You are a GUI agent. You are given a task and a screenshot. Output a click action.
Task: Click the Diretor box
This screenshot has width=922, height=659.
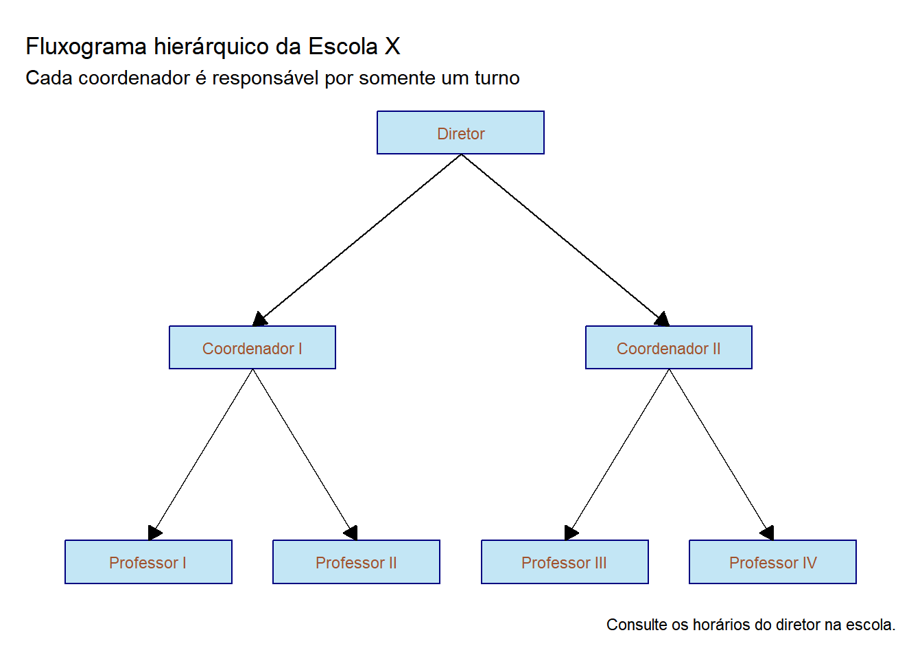(x=460, y=132)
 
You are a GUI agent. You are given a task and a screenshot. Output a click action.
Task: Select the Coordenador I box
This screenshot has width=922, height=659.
(x=252, y=347)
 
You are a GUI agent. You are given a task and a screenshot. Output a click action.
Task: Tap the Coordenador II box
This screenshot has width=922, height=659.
(x=669, y=347)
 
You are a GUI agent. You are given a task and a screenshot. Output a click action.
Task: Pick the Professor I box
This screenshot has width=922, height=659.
(x=148, y=562)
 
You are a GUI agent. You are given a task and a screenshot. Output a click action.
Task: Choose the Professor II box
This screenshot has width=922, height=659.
(x=356, y=562)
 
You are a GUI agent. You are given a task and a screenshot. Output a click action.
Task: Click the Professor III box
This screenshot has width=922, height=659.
(x=565, y=562)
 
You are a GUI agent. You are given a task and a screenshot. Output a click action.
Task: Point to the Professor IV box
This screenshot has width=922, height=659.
(x=772, y=562)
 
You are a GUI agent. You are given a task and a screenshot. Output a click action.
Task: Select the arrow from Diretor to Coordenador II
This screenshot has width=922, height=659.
(x=565, y=240)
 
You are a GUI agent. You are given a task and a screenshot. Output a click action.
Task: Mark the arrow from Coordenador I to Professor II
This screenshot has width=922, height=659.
(x=305, y=454)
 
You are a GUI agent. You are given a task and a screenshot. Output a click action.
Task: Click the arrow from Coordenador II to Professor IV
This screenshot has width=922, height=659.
(x=721, y=454)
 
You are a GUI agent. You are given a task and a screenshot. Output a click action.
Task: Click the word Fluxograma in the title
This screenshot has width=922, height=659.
(x=86, y=47)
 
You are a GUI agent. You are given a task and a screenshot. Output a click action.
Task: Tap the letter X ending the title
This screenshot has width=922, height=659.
(x=392, y=46)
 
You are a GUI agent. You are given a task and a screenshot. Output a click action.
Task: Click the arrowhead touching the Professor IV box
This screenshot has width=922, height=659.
(x=768, y=533)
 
